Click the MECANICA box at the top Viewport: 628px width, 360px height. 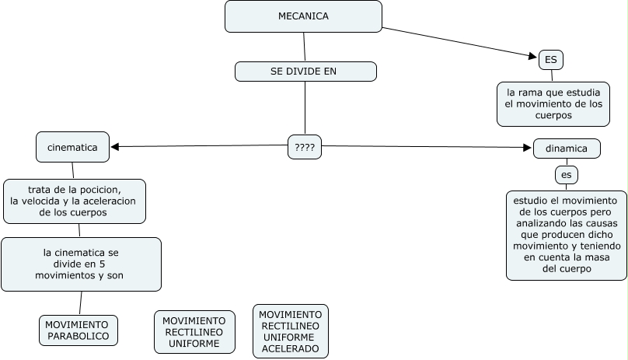pyautogui.click(x=303, y=16)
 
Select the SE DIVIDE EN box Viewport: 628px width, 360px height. pyautogui.click(x=305, y=72)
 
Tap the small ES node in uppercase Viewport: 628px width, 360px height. pyautogui.click(x=550, y=59)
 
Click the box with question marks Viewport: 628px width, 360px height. pyautogui.click(x=305, y=146)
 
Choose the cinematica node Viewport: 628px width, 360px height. pyautogui.click(x=72, y=147)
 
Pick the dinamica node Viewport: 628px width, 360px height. pyautogui.click(x=567, y=148)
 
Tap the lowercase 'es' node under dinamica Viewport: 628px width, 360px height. pyautogui.click(x=566, y=174)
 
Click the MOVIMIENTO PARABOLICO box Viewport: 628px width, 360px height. pyautogui.click(x=78, y=330)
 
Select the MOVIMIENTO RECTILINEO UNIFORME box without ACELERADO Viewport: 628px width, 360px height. pyautogui.click(x=194, y=331)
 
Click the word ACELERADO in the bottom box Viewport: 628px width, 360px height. pyautogui.click(x=291, y=349)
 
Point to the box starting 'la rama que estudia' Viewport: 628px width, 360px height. pyautogui.click(x=553, y=103)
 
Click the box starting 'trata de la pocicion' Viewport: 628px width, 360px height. pyautogui.click(x=75, y=201)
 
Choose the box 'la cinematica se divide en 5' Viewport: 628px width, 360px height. pyautogui.click(x=81, y=264)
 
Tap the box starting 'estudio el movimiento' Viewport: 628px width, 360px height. pyautogui.click(x=566, y=234)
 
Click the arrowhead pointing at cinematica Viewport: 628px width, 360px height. pyautogui.click(x=114, y=146)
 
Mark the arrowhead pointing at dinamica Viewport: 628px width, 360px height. pyautogui.click(x=528, y=147)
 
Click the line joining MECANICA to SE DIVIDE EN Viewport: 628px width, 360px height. pyautogui.click(x=305, y=47)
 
